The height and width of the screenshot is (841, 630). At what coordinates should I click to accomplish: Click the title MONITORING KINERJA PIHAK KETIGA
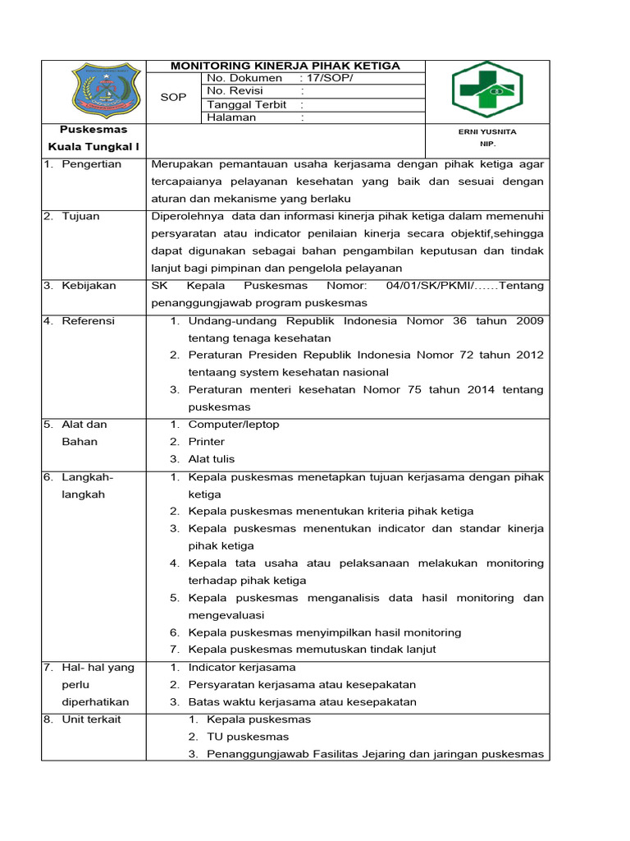(285, 66)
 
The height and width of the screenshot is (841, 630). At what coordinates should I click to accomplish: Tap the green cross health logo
(487, 90)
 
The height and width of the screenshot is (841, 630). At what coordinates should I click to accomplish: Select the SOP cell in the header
(173, 97)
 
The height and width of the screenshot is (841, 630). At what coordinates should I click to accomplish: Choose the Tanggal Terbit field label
(246, 104)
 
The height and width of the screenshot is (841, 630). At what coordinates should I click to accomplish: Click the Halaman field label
(231, 117)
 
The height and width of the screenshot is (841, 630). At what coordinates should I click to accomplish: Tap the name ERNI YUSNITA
(487, 131)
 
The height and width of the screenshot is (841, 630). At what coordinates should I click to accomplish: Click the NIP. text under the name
(487, 144)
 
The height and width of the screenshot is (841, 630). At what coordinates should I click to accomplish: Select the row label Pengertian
(91, 164)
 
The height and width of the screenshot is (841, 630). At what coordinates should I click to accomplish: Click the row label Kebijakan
(89, 286)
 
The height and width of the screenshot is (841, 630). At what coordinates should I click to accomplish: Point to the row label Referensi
(89, 321)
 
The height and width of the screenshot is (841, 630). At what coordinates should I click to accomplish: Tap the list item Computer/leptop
(233, 425)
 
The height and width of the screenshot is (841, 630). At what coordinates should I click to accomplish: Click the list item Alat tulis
(211, 459)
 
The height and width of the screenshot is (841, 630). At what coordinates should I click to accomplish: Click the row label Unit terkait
(91, 719)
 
